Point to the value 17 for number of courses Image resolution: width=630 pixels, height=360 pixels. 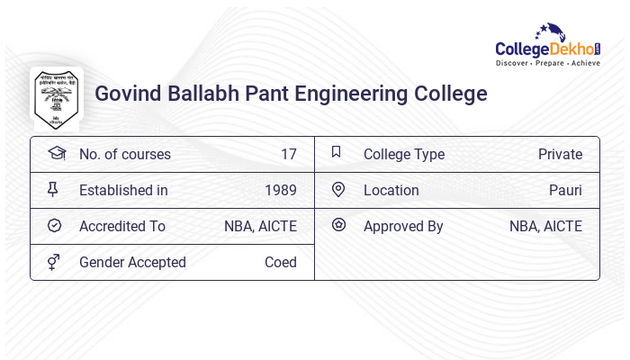[x=288, y=154]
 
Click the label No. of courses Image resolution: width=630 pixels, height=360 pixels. [x=124, y=154]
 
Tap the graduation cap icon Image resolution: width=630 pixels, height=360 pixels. [x=56, y=153]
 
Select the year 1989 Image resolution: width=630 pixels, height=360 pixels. [x=280, y=190]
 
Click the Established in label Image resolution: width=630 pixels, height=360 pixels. [x=123, y=190]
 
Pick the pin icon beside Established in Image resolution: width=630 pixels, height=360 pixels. [x=54, y=189]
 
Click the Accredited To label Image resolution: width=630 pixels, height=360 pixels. [x=121, y=226]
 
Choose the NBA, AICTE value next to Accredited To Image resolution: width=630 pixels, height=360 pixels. [x=260, y=226]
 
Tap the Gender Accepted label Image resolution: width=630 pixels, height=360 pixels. [x=132, y=262]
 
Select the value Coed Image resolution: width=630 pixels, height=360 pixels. [x=280, y=262]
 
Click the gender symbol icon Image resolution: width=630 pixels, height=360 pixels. [x=54, y=262]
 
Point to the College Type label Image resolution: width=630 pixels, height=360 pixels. [x=403, y=154]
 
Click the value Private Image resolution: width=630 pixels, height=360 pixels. [x=560, y=154]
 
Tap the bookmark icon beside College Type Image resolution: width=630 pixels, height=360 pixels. [x=336, y=152]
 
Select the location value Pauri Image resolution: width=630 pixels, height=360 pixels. [x=565, y=190]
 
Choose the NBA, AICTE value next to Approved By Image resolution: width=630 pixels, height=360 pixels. [x=545, y=226]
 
